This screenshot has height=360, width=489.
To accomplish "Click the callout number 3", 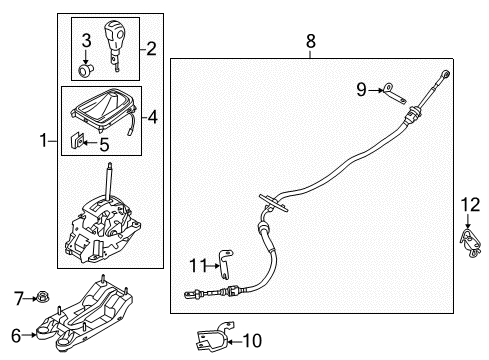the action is click(x=86, y=40).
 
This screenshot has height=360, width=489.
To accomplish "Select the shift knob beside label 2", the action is click(x=114, y=46).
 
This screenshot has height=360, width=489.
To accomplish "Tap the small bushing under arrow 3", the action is click(x=86, y=70).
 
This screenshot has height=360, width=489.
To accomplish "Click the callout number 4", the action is click(x=153, y=117).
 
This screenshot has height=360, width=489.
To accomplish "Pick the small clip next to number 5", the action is click(x=76, y=140).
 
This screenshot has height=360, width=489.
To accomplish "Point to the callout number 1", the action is click(x=44, y=140).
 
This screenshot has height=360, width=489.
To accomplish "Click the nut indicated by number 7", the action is click(x=42, y=296).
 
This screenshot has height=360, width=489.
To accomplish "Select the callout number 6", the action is click(x=16, y=335).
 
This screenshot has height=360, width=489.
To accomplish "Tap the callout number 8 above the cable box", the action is click(x=310, y=41).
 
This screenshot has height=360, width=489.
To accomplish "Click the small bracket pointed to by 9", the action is click(x=394, y=94).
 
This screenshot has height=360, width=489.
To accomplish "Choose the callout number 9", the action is click(x=362, y=89).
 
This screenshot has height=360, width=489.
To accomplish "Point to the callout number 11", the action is click(x=199, y=266).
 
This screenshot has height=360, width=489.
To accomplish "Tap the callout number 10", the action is click(x=252, y=341).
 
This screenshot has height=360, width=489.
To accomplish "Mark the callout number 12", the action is click(x=470, y=204).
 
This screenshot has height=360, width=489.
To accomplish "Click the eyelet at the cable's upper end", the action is click(x=445, y=73).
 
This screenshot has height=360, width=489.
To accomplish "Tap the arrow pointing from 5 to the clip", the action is click(x=90, y=143).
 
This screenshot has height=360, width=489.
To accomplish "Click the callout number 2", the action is click(x=151, y=49).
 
